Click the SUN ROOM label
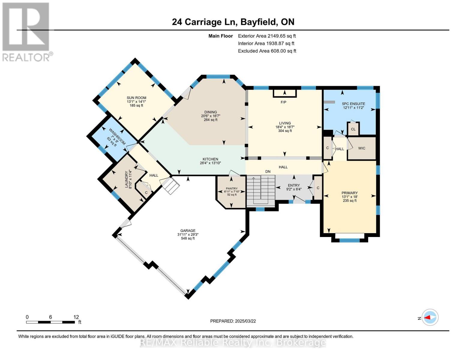coord(137,98)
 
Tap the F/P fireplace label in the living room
coord(283,102)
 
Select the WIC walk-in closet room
coord(362,148)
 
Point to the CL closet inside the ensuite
coord(353,129)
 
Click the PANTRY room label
coord(232,188)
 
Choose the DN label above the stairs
coord(268,172)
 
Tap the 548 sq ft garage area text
coord(188,238)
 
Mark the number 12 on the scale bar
coord(76,317)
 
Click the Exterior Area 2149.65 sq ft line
coord(267,36)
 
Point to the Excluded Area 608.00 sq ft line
coord(267,51)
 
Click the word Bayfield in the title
coord(258,22)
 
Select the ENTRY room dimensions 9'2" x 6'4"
coord(294,189)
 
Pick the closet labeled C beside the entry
coord(318,188)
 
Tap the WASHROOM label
coord(117,136)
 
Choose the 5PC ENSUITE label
coord(353,104)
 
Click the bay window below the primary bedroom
coord(350,240)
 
